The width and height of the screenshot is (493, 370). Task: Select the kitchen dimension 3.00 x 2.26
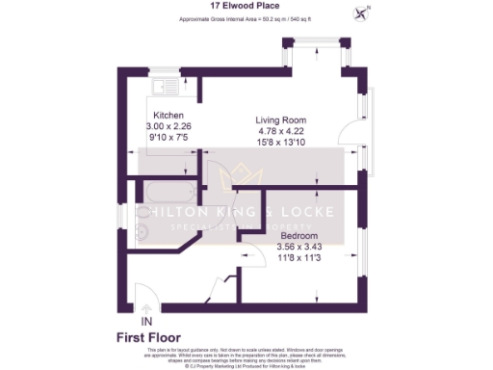[169, 126]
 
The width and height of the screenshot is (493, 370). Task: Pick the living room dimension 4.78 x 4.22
[278, 131]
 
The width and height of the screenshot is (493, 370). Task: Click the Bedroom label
[301, 236]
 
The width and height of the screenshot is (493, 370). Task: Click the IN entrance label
[146, 320]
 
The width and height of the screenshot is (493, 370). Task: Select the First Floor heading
[150, 337]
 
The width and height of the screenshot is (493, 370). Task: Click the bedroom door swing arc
[253, 255]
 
